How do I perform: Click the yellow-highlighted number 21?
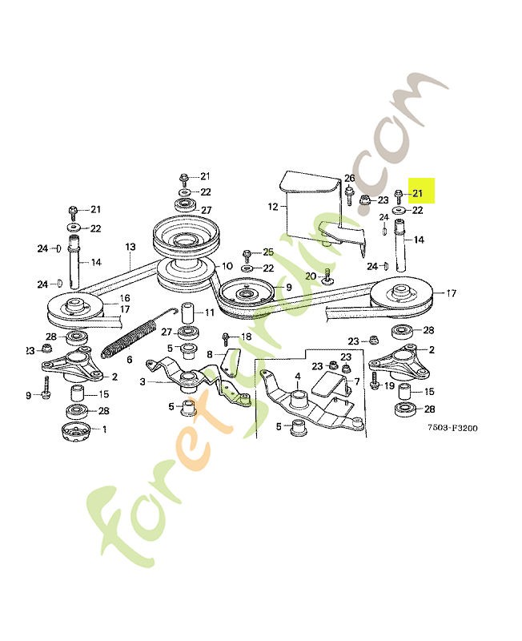click(x=417, y=193)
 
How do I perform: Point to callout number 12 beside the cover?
click(x=271, y=207)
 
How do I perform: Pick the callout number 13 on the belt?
click(x=130, y=248)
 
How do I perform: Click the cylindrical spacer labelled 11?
click(x=187, y=312)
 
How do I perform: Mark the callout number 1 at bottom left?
click(x=103, y=429)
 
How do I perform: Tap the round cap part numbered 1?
click(x=76, y=433)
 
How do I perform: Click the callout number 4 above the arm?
click(x=297, y=375)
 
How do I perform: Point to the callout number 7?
click(x=356, y=381)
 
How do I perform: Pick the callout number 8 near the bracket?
click(x=210, y=353)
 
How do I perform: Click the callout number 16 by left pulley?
click(x=125, y=298)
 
